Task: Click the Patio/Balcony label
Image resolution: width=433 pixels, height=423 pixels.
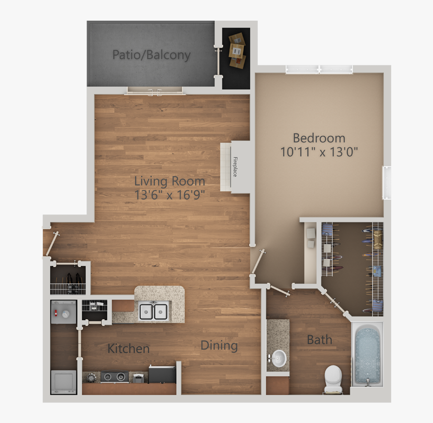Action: pyautogui.click(x=151, y=54)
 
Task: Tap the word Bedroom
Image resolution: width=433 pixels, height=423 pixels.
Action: pyautogui.click(x=319, y=137)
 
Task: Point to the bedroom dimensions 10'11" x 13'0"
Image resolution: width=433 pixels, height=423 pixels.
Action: pyautogui.click(x=319, y=152)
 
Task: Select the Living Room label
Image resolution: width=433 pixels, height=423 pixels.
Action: pyautogui.click(x=170, y=181)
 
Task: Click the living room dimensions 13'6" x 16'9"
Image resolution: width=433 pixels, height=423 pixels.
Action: pyautogui.click(x=170, y=195)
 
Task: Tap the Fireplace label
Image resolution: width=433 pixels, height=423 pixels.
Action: pyautogui.click(x=235, y=167)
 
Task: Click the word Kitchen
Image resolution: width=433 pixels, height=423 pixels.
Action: pyautogui.click(x=128, y=348)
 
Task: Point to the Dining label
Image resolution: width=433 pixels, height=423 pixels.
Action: pyautogui.click(x=219, y=345)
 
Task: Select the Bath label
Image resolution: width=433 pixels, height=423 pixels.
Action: pyautogui.click(x=319, y=339)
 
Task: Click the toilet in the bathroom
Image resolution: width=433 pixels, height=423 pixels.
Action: pyautogui.click(x=333, y=378)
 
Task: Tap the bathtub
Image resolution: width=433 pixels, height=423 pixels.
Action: pyautogui.click(x=367, y=355)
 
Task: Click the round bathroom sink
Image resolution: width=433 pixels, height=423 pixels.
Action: pyautogui.click(x=278, y=359)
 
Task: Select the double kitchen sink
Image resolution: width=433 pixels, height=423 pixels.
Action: pyautogui.click(x=154, y=311)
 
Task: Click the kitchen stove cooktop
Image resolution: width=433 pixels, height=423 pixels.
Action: pyautogui.click(x=115, y=376)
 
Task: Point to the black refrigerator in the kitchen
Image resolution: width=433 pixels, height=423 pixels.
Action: pyautogui.click(x=162, y=374)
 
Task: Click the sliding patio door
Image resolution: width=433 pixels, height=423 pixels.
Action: pyautogui.click(x=155, y=92)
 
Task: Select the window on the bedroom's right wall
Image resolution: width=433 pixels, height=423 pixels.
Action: pyautogui.click(x=387, y=182)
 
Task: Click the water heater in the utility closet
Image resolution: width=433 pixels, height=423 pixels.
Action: pyautogui.click(x=63, y=313)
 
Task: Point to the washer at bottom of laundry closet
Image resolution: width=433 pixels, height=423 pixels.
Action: pyautogui.click(x=63, y=381)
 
